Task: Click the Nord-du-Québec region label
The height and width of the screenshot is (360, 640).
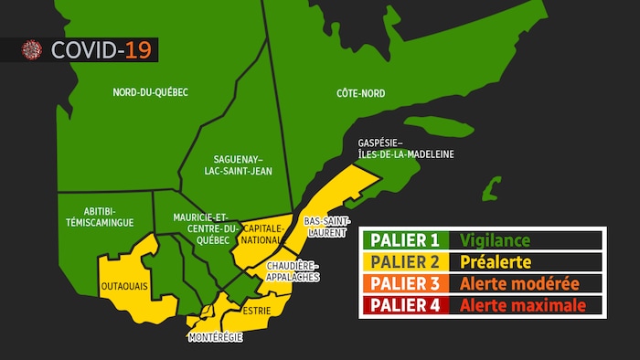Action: [150, 93]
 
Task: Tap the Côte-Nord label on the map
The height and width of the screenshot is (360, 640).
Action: [360, 93]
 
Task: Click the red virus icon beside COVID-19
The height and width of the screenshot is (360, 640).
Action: [33, 49]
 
